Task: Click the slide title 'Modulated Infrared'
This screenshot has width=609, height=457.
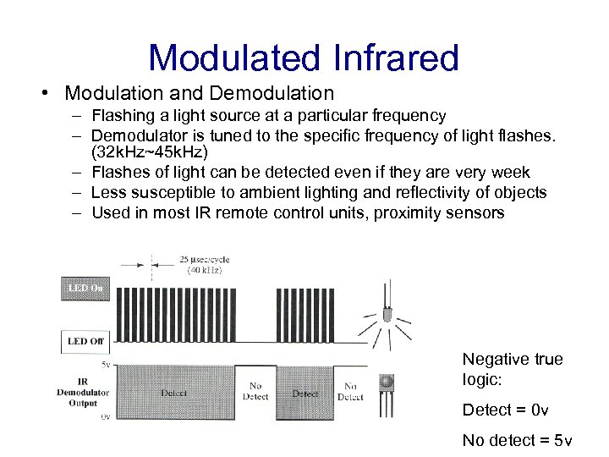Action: coord(303,58)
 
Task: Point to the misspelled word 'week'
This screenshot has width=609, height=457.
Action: coord(510,173)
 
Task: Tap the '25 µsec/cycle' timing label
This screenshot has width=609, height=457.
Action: coord(204,259)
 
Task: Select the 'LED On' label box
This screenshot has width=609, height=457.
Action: coord(85,289)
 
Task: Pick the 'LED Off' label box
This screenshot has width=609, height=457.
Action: coord(85,341)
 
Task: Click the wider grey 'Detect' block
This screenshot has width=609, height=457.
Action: coord(174,393)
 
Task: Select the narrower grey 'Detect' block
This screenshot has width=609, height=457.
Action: coord(304,393)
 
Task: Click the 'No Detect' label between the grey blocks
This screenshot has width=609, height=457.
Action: coord(255,391)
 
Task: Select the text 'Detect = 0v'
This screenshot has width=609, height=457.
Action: coord(505,410)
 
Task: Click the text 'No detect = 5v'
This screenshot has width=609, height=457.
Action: coord(517,440)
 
